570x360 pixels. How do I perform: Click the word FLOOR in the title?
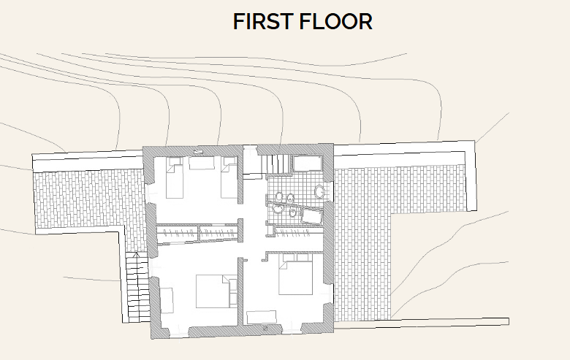pyautogui.click(x=335, y=22)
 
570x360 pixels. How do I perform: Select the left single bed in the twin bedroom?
pyautogui.click(x=175, y=180)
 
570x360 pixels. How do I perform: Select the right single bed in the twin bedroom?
pyautogui.click(x=229, y=180)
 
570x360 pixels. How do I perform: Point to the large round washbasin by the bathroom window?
pyautogui.click(x=319, y=191)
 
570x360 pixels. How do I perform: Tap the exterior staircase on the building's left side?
pyautogui.click(x=135, y=286)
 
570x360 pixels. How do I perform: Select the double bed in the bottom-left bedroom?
pyautogui.click(x=212, y=290)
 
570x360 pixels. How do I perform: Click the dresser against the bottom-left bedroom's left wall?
pyautogui.click(x=167, y=300)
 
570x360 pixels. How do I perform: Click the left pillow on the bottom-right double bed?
pyautogui.click(x=289, y=259)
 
